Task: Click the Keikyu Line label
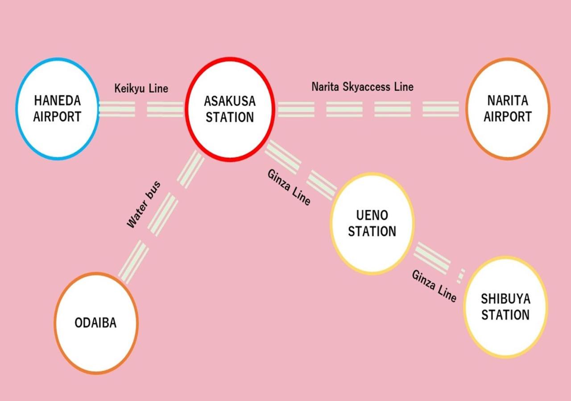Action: [x=141, y=88]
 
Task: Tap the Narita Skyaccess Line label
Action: [x=362, y=86]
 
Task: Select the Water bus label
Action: [x=143, y=205]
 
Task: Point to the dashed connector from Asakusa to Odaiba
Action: [x=163, y=214]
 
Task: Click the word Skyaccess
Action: [x=368, y=86]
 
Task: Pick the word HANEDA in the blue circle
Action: [x=57, y=101]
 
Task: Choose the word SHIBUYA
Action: [x=505, y=299]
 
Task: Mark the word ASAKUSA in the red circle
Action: [x=230, y=101]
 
